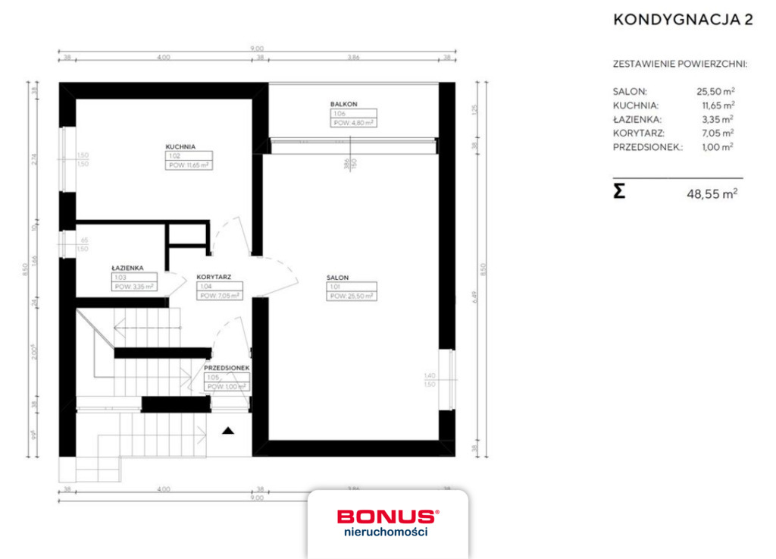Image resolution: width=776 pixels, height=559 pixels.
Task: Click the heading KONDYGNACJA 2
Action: pyautogui.click(x=682, y=20)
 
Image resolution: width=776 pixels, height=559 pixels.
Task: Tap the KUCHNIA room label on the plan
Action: pyautogui.click(x=182, y=147)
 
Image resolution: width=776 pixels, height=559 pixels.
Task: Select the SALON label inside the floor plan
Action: pyautogui.click(x=338, y=278)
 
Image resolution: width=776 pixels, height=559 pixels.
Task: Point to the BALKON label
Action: pyautogui.click(x=343, y=104)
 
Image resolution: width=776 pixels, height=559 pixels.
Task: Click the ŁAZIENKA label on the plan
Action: pyautogui.click(x=127, y=268)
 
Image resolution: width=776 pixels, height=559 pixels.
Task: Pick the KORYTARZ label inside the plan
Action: pyautogui.click(x=213, y=278)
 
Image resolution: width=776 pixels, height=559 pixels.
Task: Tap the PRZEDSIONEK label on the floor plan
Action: pyautogui.click(x=227, y=368)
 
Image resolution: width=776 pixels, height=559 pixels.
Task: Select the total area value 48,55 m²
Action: pyautogui.click(x=712, y=193)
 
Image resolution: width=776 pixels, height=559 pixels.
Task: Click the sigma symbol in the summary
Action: pyautogui.click(x=619, y=191)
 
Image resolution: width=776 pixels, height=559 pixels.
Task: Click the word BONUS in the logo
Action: pyautogui.click(x=386, y=517)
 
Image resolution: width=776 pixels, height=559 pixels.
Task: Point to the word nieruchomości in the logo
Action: pyautogui.click(x=386, y=532)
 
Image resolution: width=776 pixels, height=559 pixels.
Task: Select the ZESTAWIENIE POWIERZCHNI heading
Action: pyautogui.click(x=680, y=64)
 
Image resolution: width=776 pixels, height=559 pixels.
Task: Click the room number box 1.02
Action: pyautogui.click(x=174, y=155)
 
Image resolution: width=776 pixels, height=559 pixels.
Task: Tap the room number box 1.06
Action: pyautogui.click(x=338, y=113)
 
